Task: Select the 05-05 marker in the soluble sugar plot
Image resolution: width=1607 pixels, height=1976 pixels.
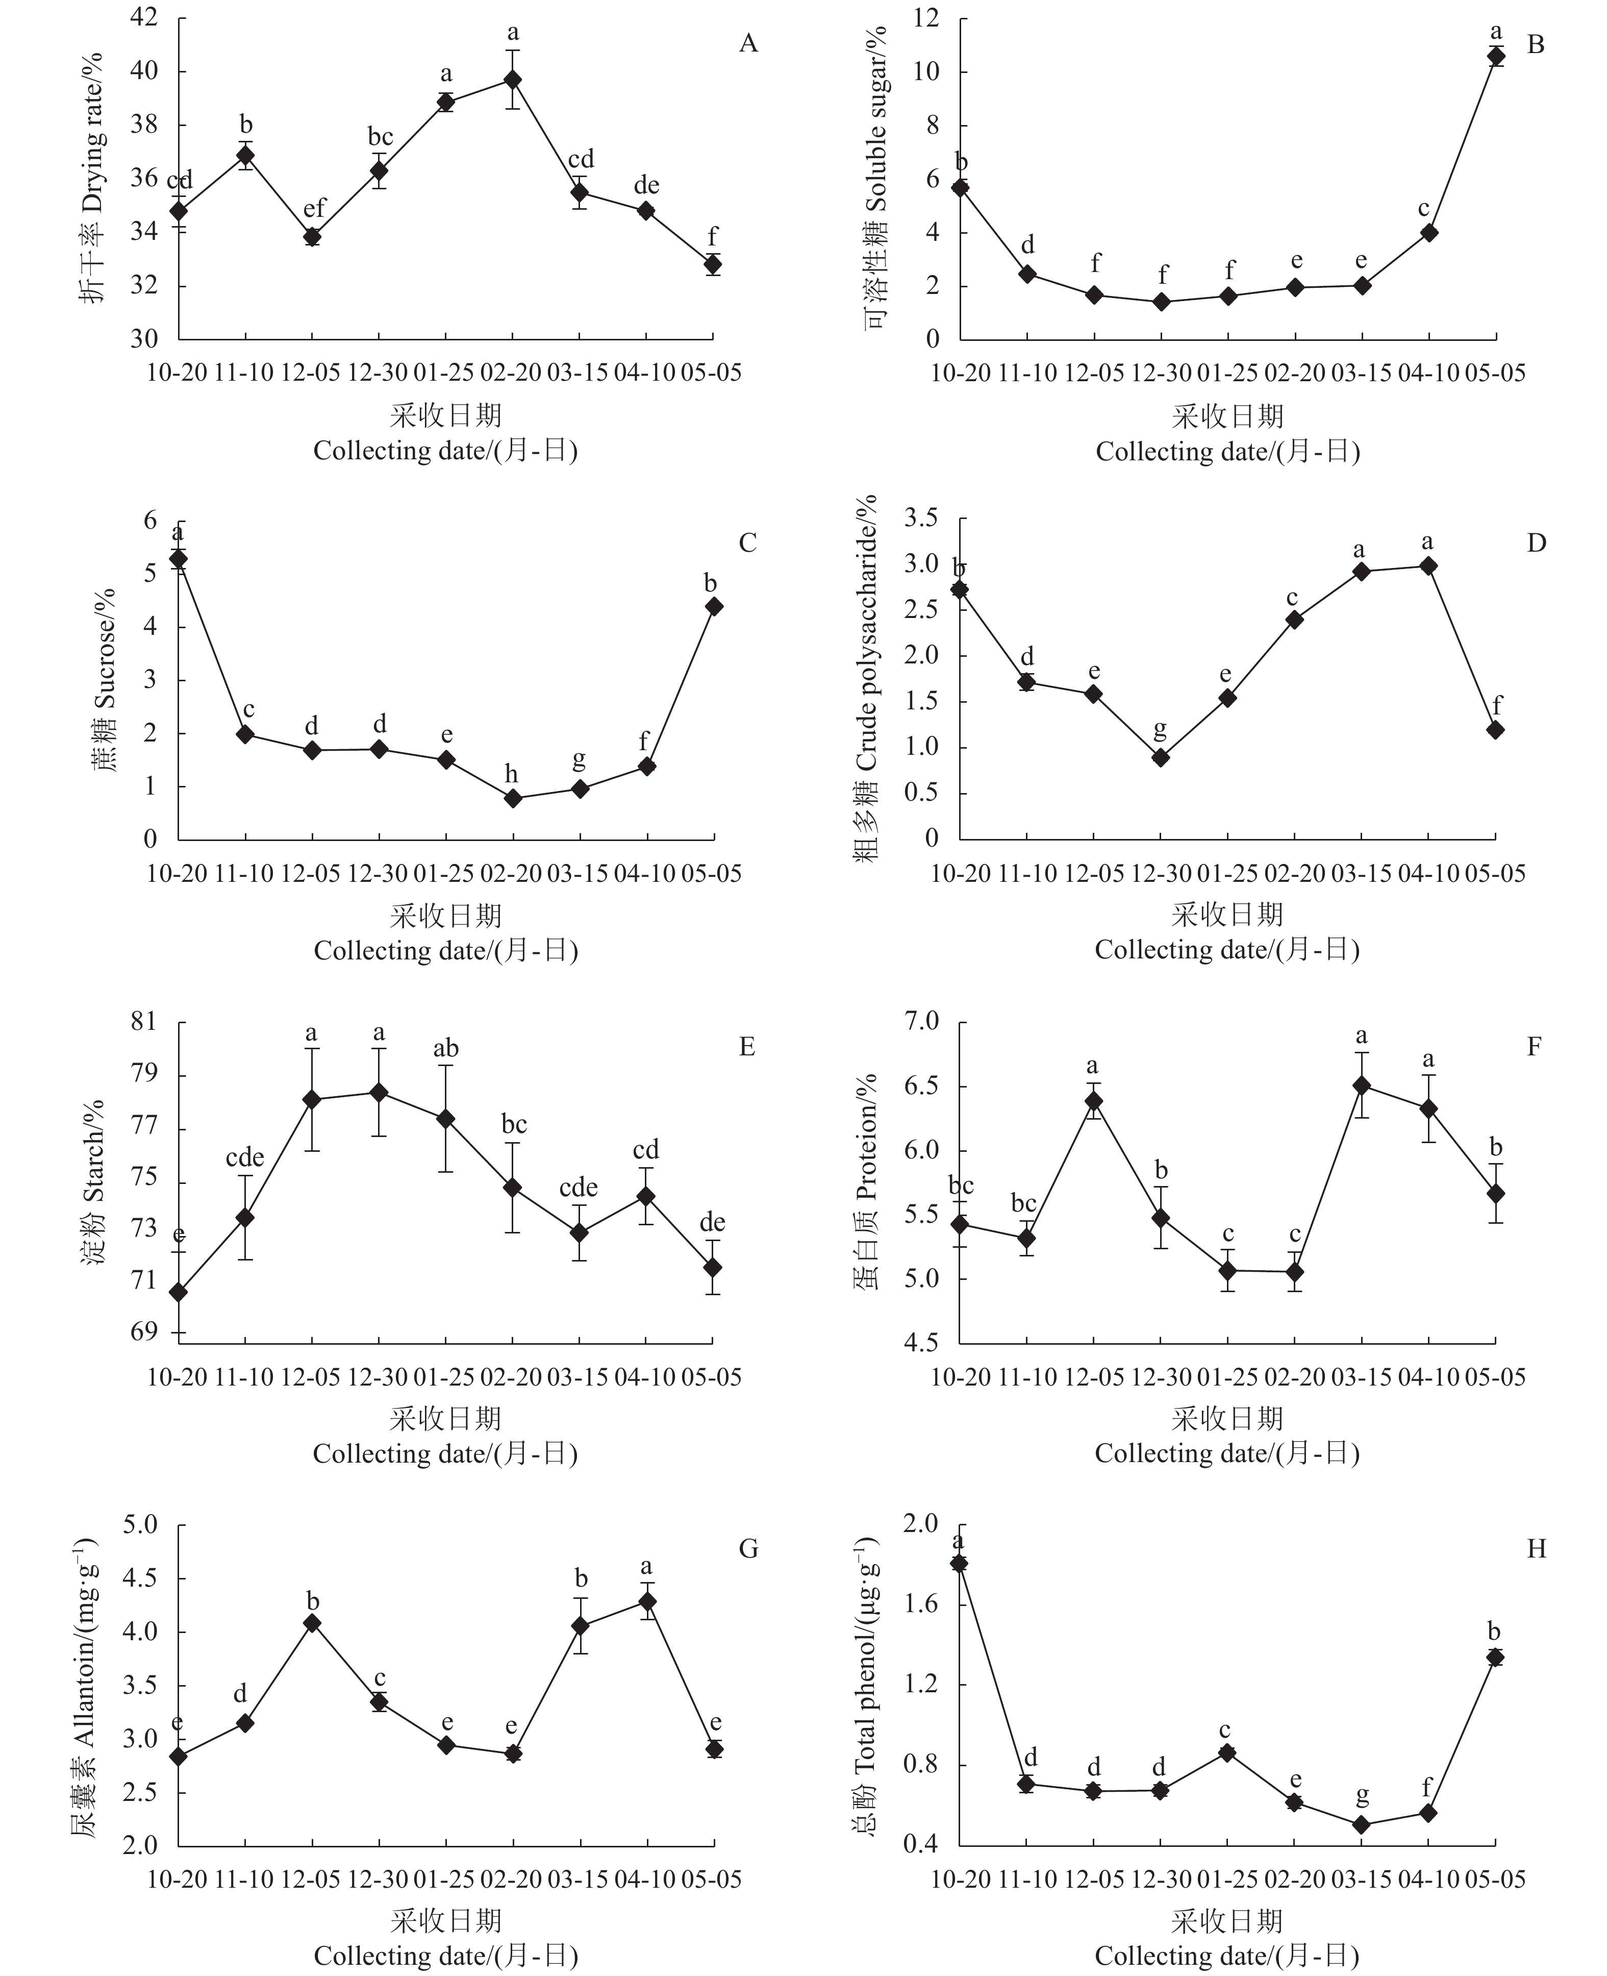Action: pos(1495,57)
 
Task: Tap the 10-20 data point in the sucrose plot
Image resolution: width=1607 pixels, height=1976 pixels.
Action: pos(178,558)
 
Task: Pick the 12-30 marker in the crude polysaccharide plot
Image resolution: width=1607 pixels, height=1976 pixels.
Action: pos(1160,757)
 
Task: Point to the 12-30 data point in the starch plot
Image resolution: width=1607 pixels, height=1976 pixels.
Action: pos(379,1092)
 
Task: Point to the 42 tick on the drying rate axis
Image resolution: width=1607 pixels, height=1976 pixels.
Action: pos(143,17)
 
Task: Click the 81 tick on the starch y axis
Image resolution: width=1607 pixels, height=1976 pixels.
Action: pos(143,1022)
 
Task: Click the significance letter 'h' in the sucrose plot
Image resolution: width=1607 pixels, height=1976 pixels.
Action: pos(512,774)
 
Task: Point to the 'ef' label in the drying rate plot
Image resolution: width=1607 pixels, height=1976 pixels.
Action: pos(314,208)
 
